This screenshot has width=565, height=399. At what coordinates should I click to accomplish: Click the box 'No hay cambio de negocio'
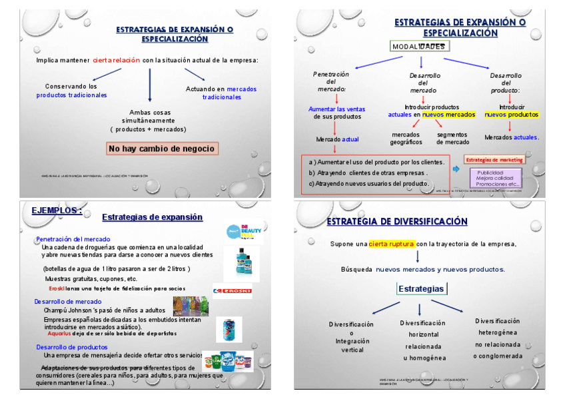coord(161,149)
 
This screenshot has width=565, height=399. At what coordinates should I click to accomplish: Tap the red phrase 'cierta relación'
coord(117,60)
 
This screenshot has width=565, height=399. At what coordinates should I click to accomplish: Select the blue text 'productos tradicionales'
coord(71,95)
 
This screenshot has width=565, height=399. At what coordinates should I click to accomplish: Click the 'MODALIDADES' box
coord(418,46)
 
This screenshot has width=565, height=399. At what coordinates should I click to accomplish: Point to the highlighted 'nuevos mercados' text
coord(448,115)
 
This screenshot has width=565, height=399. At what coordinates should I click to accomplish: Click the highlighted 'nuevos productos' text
coord(511,115)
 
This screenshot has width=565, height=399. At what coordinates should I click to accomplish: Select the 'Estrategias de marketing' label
coord(494,160)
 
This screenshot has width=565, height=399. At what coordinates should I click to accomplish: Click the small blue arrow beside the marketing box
coord(456,169)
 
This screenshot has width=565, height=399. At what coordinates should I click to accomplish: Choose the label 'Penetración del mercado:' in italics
coord(331,82)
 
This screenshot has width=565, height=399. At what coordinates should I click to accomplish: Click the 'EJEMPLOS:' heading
coord(57,210)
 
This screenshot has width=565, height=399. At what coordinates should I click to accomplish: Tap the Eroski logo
coord(232,290)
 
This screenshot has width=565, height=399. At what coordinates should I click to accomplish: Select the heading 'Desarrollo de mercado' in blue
coord(69,302)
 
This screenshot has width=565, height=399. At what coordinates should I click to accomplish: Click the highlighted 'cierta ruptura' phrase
coord(392,244)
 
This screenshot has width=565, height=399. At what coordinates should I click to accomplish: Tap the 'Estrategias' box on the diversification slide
coord(420,289)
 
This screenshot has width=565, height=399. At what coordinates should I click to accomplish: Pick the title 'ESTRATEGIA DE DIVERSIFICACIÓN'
coord(396,222)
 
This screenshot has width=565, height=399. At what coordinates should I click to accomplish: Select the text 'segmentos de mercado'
coord(453,138)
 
